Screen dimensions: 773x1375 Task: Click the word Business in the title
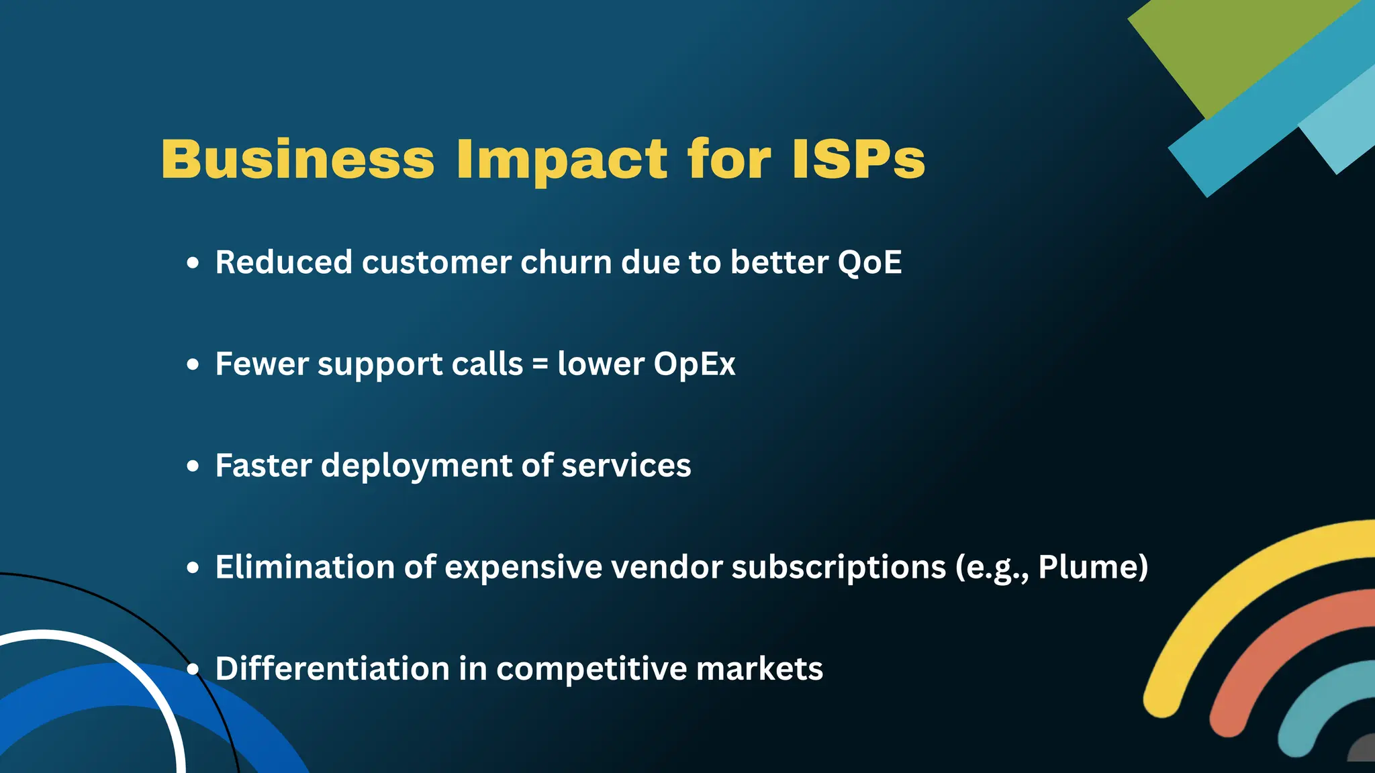(297, 160)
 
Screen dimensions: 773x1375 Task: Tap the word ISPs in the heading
(859, 160)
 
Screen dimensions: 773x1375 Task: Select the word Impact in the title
(561, 161)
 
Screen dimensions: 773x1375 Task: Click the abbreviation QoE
(869, 262)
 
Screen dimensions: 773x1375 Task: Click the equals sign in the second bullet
(540, 365)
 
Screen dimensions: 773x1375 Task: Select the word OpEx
(694, 365)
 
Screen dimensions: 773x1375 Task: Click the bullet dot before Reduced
(193, 263)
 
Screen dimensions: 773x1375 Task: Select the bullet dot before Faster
(193, 466)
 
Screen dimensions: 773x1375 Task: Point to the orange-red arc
(1262, 658)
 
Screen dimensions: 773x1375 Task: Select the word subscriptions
(839, 568)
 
